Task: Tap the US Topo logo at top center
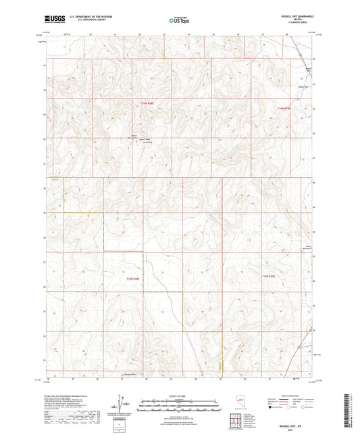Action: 178,21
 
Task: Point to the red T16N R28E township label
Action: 148,103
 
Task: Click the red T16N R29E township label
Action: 284,107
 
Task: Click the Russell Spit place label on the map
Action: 302,86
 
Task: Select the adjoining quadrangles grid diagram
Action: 236,420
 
